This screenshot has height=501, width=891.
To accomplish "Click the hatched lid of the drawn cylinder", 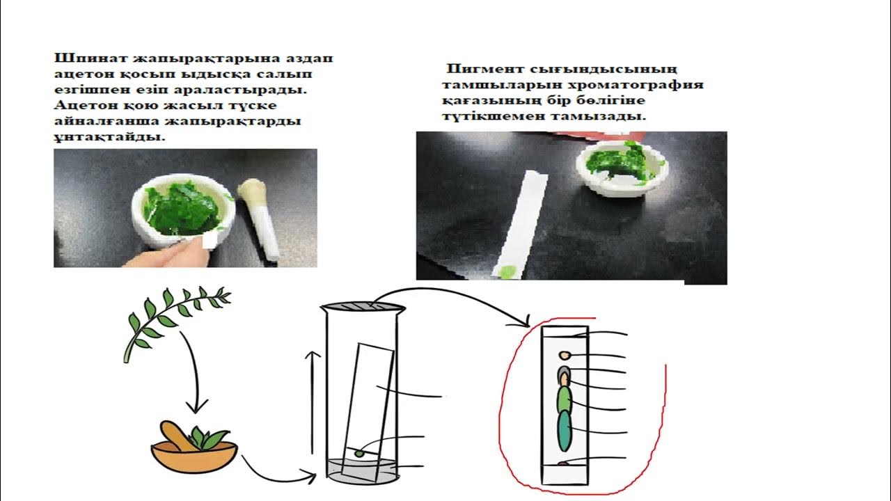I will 361,306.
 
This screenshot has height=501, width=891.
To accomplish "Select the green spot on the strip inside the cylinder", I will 360,453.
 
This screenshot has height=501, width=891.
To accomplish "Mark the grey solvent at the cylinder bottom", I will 361,471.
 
